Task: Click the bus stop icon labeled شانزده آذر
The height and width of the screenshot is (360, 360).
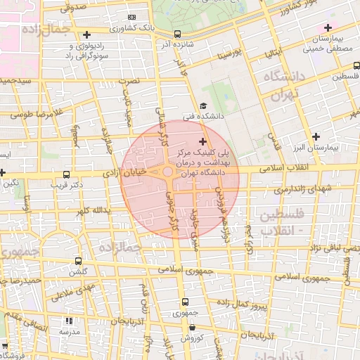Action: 177,33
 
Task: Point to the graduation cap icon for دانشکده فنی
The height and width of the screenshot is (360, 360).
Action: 203,105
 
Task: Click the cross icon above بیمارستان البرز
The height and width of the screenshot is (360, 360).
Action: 316,136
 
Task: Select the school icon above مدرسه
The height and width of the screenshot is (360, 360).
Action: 69,320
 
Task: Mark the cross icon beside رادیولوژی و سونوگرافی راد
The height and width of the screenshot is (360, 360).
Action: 86,34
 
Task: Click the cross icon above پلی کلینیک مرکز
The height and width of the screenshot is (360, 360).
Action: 203,141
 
